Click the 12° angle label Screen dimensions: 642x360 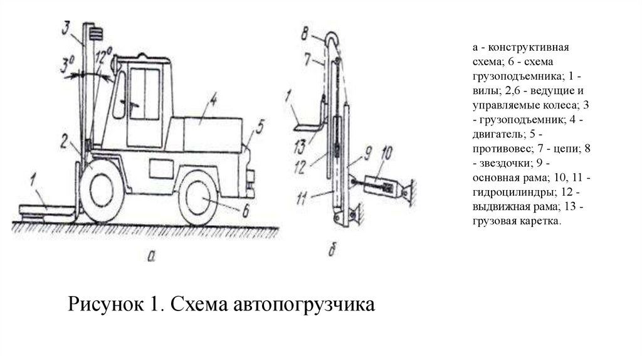(x=105, y=58)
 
